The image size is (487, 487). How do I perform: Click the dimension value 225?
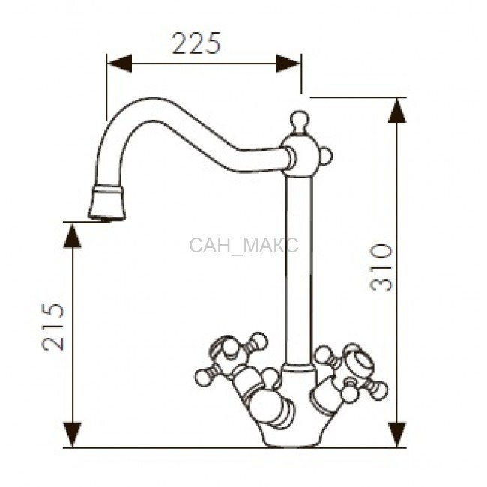196,43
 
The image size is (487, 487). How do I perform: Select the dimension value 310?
381,267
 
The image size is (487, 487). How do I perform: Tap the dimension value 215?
53,327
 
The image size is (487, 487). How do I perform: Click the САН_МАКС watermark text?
243,245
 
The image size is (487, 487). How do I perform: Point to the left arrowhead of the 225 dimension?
119,64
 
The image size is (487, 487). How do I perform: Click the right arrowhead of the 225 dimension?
288,64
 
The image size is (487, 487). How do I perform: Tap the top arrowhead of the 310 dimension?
397,111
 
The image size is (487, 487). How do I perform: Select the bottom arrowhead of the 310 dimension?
397,435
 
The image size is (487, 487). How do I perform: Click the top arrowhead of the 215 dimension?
73,235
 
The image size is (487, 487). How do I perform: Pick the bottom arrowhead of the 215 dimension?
73,435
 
